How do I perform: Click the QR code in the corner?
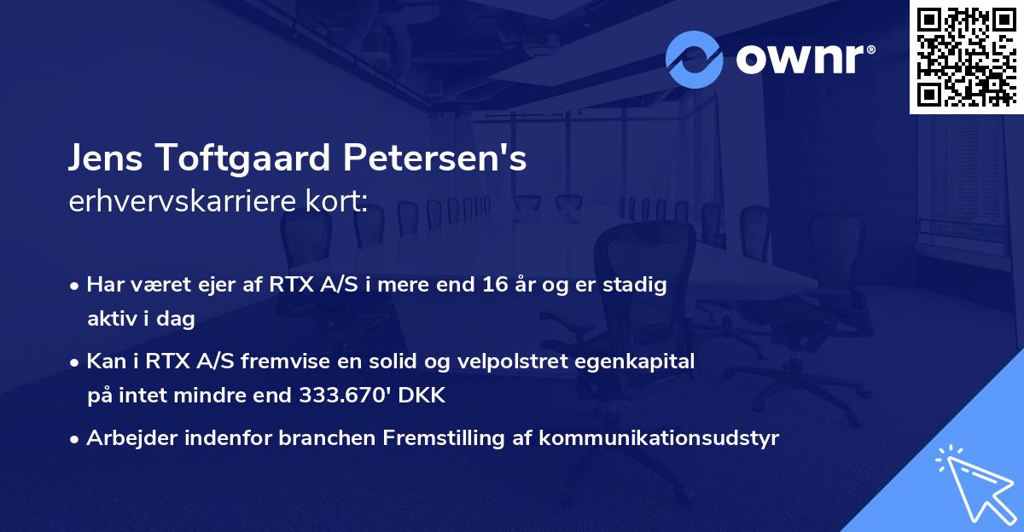pyautogui.click(x=966, y=57)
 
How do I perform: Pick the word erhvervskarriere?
pyautogui.click(x=187, y=202)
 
